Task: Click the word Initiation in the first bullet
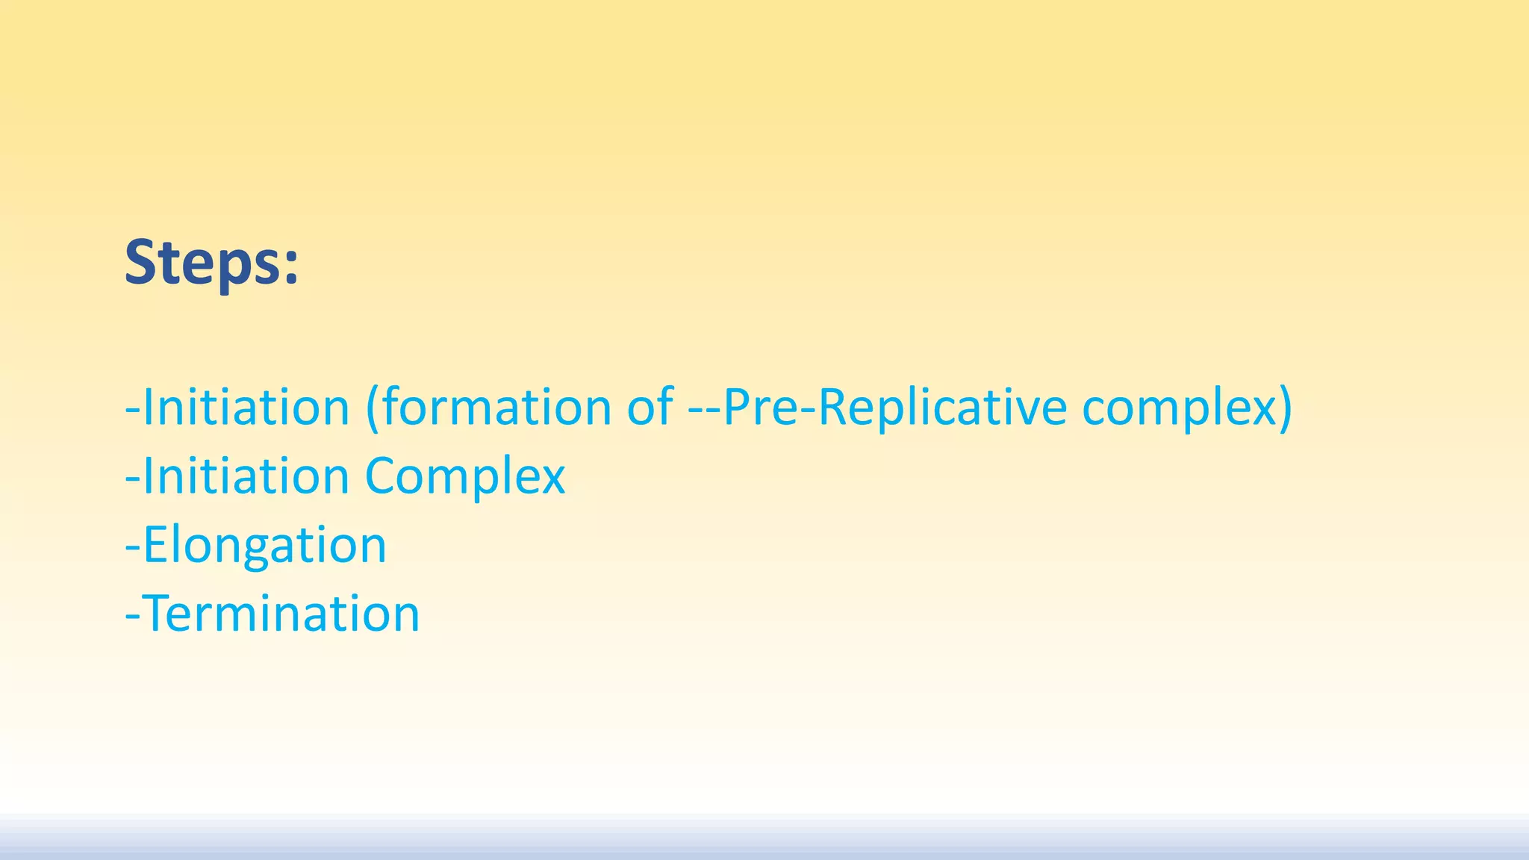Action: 246,408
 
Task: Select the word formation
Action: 496,408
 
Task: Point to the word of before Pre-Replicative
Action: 650,408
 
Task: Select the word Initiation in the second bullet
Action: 246,476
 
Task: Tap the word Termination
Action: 281,614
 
